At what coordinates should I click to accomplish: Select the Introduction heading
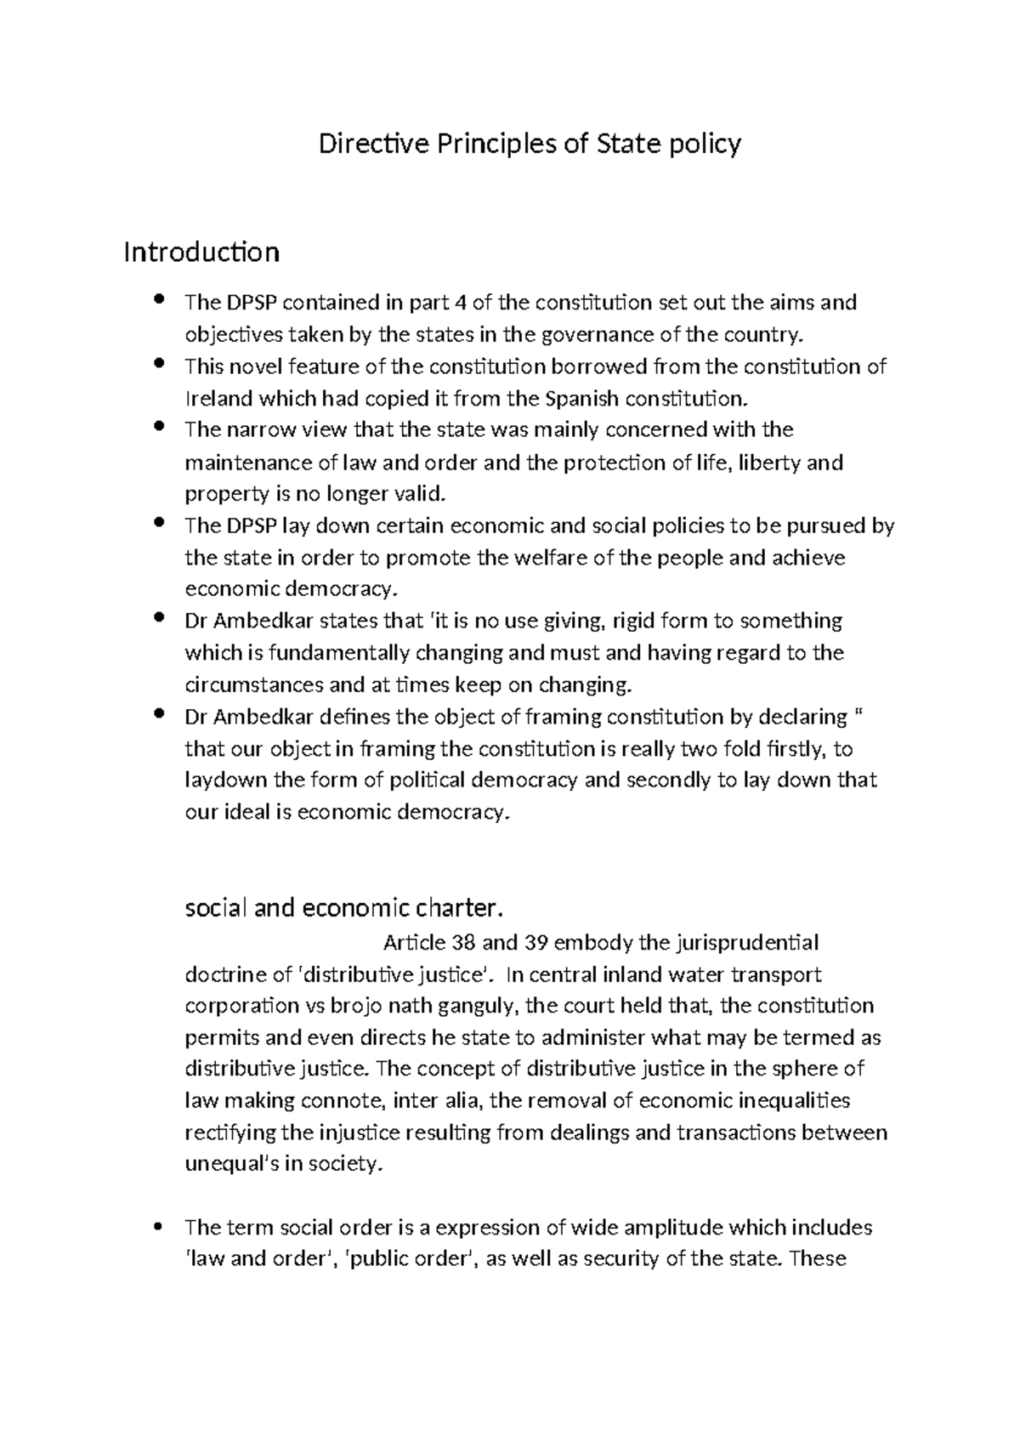click(201, 253)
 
